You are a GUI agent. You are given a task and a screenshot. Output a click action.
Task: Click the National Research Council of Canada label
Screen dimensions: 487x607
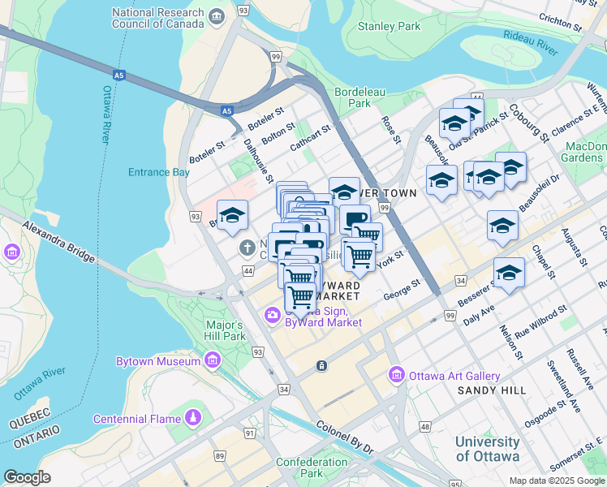coord(158,19)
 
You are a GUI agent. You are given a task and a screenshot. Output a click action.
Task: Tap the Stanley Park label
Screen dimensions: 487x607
coord(389,26)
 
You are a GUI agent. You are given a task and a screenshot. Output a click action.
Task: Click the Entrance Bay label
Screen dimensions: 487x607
coord(158,172)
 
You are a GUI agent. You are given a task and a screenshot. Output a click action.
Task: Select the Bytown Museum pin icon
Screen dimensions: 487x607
coord(213,360)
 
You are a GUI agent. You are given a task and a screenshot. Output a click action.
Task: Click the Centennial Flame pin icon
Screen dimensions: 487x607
coord(193,418)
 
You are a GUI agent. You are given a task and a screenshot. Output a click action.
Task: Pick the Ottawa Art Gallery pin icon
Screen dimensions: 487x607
coord(397,375)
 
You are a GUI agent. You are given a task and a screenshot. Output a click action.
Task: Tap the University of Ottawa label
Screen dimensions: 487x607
coord(487,449)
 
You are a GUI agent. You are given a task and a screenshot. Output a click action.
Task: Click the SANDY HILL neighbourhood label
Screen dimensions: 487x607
coord(492,390)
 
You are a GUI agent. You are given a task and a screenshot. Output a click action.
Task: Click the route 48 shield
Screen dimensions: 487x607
coord(424,426)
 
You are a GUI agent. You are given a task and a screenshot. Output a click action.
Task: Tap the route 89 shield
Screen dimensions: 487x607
coord(219,456)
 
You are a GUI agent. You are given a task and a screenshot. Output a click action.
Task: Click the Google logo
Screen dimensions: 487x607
coord(27,477)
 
